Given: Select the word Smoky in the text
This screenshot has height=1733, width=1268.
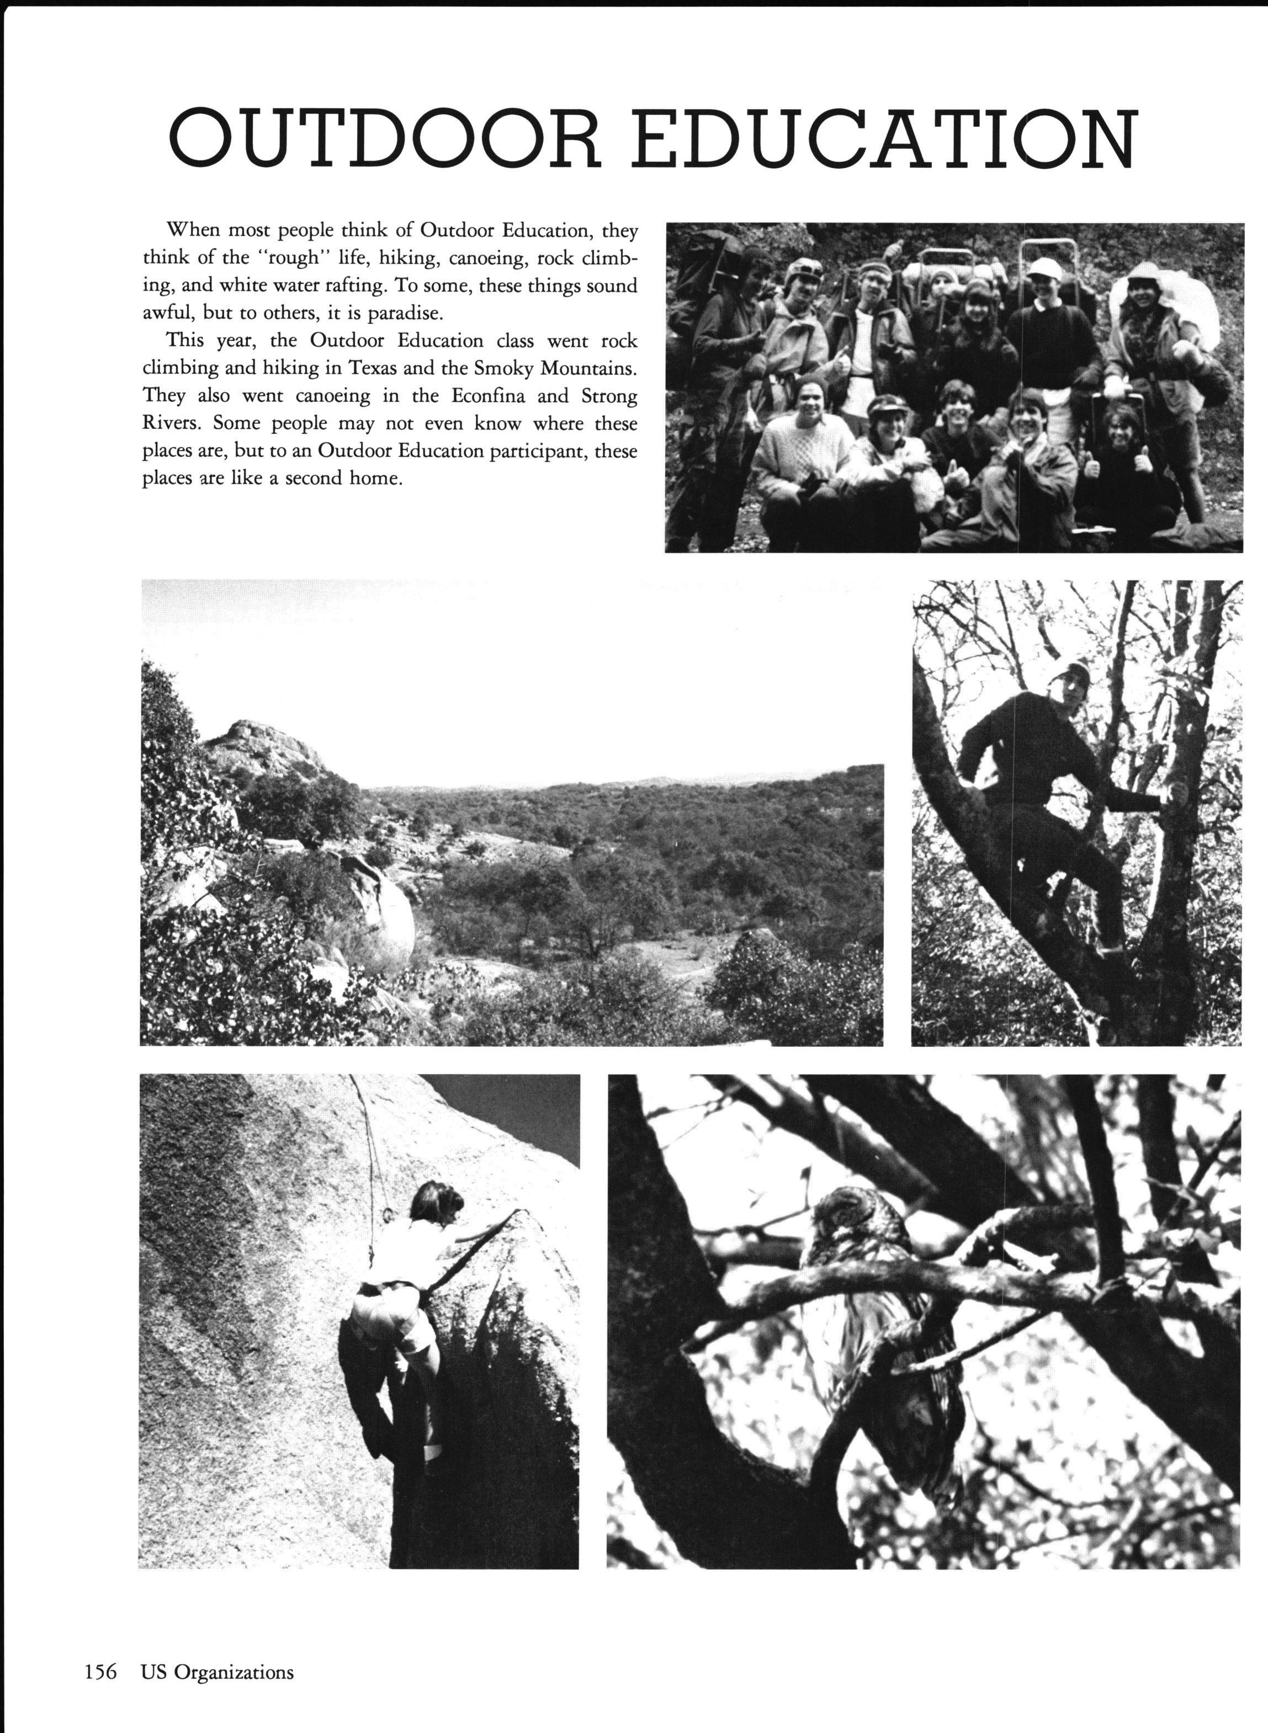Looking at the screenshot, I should pos(506,368).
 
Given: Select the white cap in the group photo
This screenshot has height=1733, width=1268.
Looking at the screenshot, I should pos(1044,267).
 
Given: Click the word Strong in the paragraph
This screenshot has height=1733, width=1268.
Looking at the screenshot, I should pos(610,396).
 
